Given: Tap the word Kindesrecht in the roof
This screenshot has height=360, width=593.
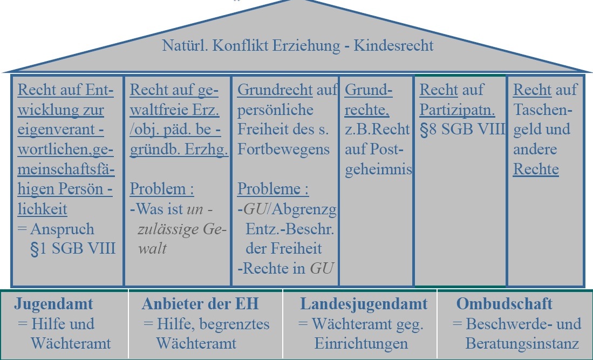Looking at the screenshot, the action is pyautogui.click(x=393, y=45).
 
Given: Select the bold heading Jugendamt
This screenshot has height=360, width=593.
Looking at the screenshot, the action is pyautogui.click(x=53, y=304).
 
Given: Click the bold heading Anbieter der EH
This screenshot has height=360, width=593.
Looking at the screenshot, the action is pyautogui.click(x=200, y=304).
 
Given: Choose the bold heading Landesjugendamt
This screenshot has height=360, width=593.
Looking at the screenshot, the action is pyautogui.click(x=364, y=304).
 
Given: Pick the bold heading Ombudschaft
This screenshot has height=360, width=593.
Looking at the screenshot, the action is pyautogui.click(x=504, y=304).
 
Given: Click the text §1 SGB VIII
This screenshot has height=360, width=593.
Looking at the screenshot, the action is pyautogui.click(x=73, y=249).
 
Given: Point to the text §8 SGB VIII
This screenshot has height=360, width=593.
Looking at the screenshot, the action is pyautogui.click(x=462, y=130).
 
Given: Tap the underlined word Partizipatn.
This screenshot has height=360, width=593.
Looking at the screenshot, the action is pyautogui.click(x=457, y=110).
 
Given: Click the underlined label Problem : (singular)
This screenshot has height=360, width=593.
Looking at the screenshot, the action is pyautogui.click(x=162, y=188).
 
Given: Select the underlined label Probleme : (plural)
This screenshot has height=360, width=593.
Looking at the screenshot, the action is pyautogui.click(x=272, y=188).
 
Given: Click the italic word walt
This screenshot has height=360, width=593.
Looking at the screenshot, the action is pyautogui.click(x=152, y=248).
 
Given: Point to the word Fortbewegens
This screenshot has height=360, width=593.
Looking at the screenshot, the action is pyautogui.click(x=283, y=150).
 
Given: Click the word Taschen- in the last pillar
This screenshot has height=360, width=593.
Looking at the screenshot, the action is pyautogui.click(x=543, y=110).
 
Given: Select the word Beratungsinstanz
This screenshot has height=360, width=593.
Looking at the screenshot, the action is pyautogui.click(x=522, y=344).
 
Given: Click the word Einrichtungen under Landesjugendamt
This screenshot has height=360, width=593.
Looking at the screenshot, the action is pyautogui.click(x=361, y=344).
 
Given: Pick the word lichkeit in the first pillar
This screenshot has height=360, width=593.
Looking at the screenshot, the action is pyautogui.click(x=42, y=209).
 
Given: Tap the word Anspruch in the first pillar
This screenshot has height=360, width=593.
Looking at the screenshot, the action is pyautogui.click(x=62, y=229).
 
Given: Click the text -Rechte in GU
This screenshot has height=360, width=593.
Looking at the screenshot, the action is pyautogui.click(x=285, y=268).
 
